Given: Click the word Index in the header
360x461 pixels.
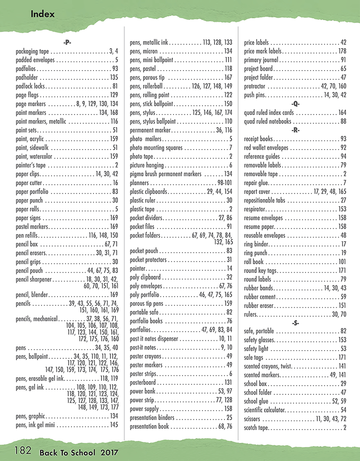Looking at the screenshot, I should (43, 14).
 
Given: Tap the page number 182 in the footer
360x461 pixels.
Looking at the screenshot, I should (22, 451).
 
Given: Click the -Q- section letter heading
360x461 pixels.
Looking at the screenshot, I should (295, 103).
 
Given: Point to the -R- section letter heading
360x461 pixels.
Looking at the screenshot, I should (295, 130).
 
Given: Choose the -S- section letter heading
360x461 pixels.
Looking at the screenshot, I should (295, 322).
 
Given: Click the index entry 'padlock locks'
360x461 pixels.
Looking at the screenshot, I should (30, 86).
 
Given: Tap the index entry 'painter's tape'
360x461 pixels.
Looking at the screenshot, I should (32, 165).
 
